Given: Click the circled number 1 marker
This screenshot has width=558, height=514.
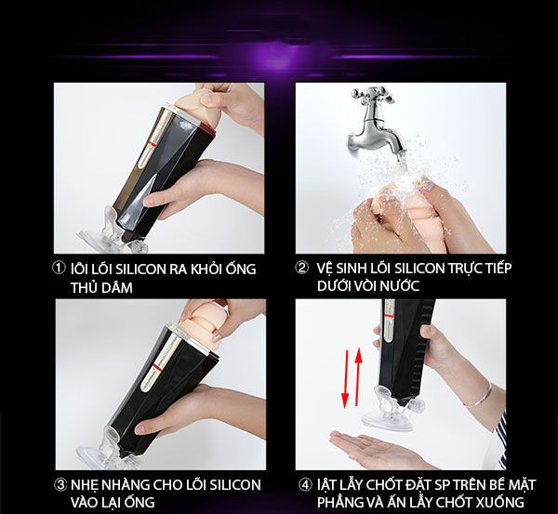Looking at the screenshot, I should tap(60, 270).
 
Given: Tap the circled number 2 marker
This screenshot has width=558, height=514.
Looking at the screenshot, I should tap(302, 270).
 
